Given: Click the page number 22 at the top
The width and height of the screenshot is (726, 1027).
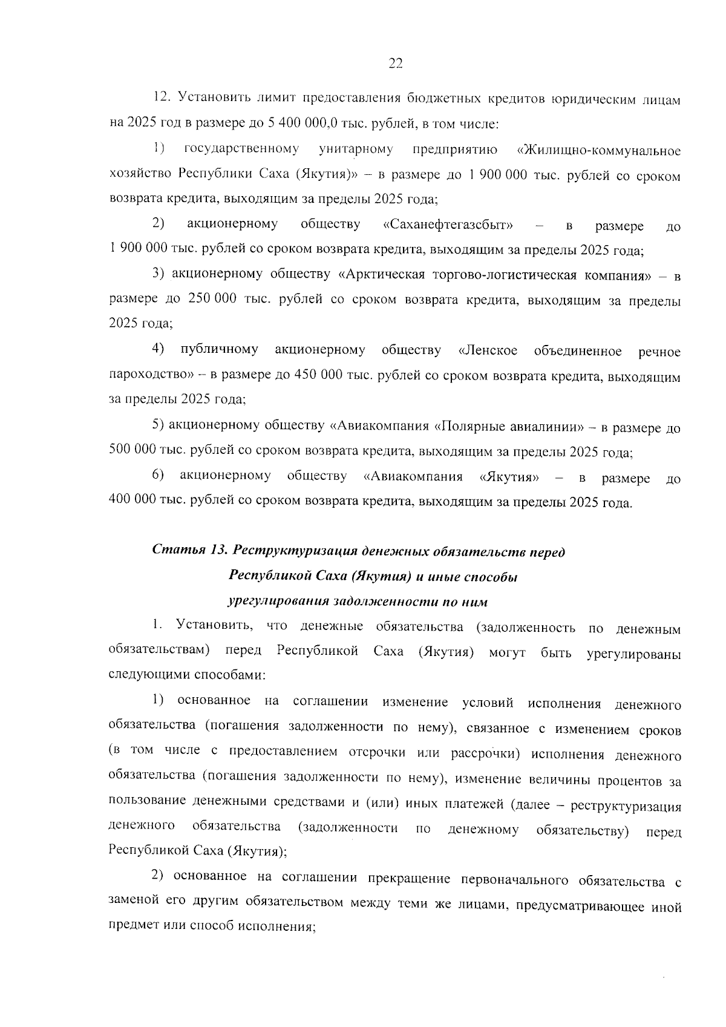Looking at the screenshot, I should (x=395, y=64).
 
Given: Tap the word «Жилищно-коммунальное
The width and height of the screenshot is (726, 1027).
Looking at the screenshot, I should (x=599, y=150).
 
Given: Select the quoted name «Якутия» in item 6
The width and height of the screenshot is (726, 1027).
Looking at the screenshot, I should (x=509, y=477).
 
